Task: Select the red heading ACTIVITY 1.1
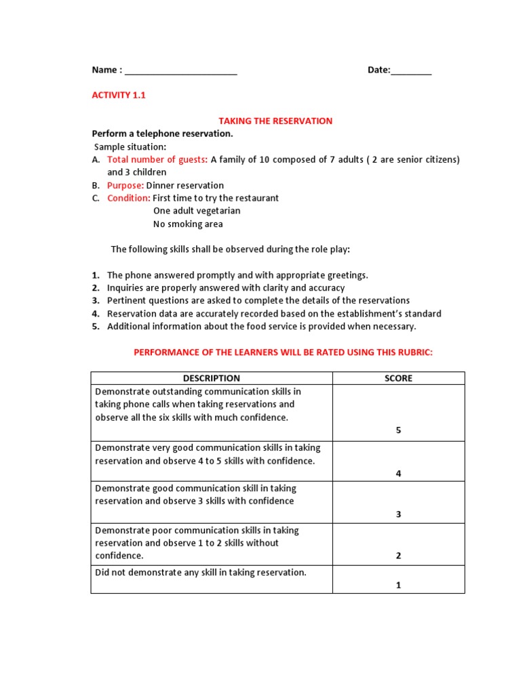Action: coord(119,96)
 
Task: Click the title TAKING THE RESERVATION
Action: coord(275,121)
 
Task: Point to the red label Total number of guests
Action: coord(157,160)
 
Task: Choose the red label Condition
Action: coord(128,199)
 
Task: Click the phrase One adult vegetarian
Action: coord(197,211)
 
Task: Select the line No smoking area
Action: coord(188,224)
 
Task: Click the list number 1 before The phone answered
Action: coord(96,275)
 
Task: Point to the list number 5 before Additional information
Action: coord(96,327)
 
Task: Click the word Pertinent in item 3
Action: coord(126,301)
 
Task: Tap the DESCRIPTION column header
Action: coord(211,379)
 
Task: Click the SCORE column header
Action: coord(398,379)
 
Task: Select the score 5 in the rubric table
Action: coord(398,430)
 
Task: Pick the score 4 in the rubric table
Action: coord(398,474)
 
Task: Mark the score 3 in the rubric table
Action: coord(398,514)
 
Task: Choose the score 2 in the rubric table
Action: coord(398,556)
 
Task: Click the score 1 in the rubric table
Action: coord(398,586)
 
